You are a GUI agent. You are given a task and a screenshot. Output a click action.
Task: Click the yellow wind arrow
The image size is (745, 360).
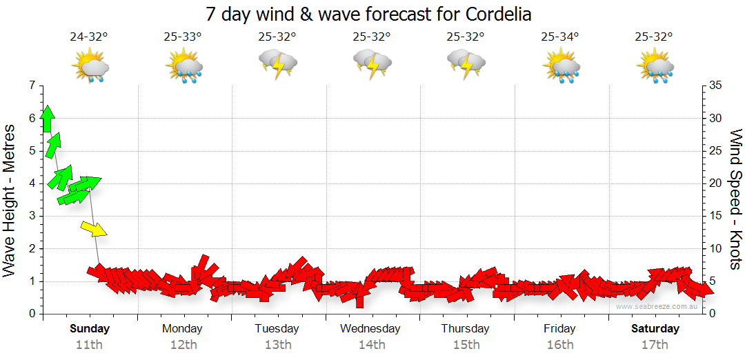coord(94,229)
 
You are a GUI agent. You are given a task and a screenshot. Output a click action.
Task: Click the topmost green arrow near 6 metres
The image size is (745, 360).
coord(47,119)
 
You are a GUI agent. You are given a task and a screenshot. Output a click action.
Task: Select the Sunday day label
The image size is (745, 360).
coord(90,328)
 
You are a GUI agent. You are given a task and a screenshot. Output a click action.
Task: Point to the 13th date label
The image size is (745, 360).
coord(277,344)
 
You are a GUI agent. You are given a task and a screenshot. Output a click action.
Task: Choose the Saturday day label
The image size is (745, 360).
coord(655,328)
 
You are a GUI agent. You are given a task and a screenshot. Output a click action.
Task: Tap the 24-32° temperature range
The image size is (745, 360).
coord(89,37)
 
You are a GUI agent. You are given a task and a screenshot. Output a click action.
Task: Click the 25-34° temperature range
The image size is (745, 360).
coord(559,37)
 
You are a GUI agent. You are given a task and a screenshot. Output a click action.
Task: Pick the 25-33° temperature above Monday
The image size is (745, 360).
coord(183,37)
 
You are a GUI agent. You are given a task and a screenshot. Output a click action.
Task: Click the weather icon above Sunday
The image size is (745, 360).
coord(90,67)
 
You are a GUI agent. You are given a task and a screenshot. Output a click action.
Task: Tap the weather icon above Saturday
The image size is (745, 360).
coord(655,67)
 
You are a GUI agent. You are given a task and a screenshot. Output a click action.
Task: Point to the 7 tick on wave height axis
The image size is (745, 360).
coord(31,86)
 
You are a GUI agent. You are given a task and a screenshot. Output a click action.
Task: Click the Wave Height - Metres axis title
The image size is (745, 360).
coord(10,200)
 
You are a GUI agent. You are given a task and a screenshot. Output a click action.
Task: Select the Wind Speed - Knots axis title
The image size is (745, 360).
coord(735,200)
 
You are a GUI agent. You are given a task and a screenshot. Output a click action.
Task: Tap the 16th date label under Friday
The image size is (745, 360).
coord(559,344)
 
